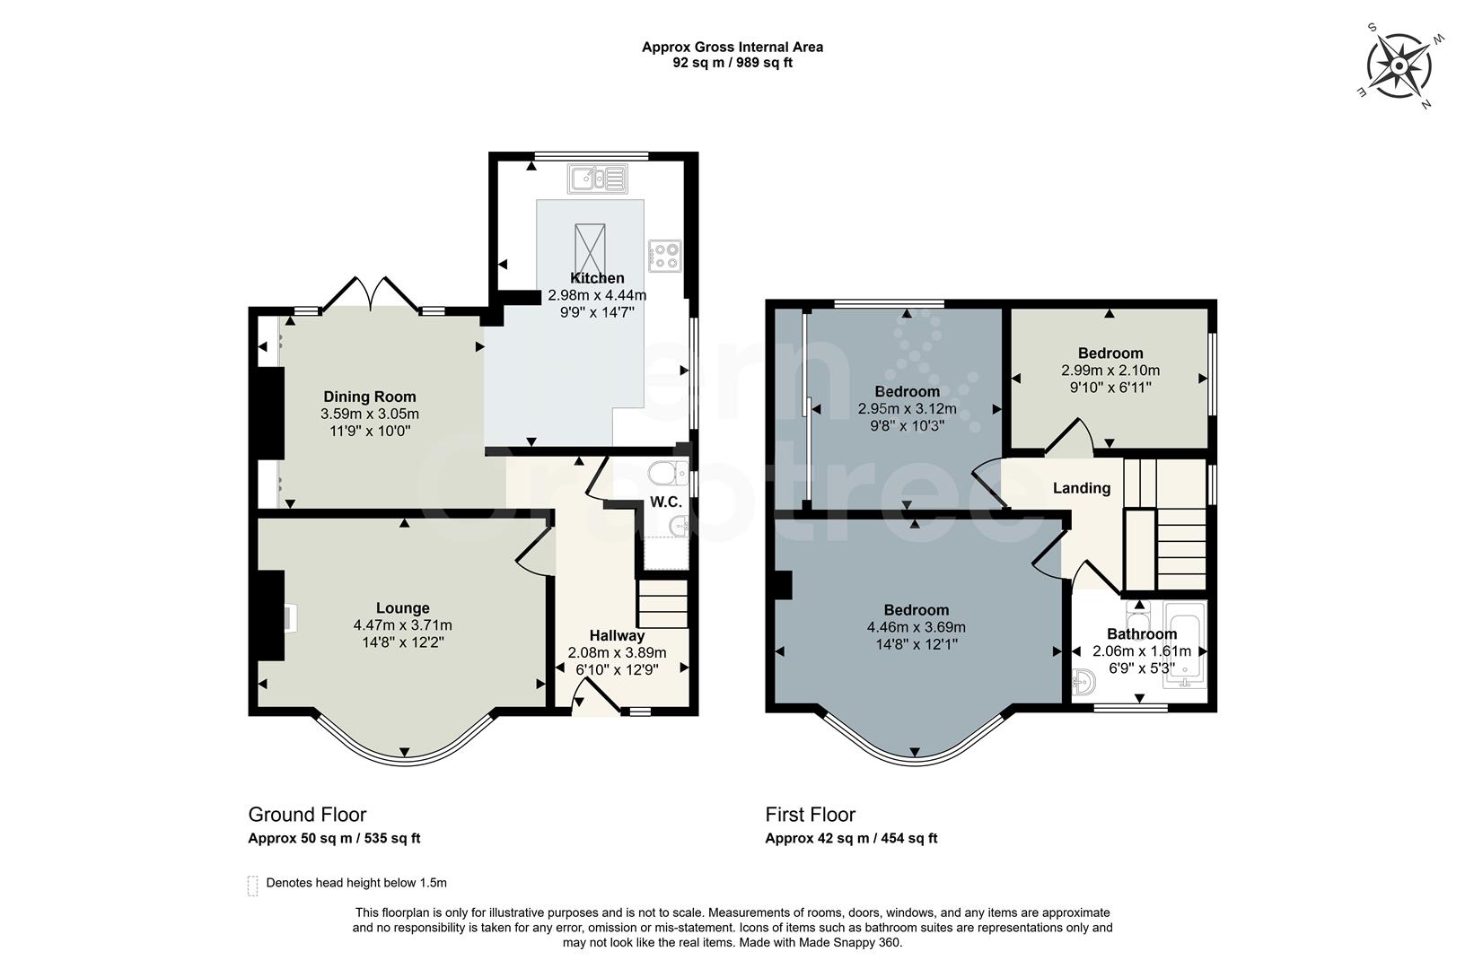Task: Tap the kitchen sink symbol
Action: coord(597,179)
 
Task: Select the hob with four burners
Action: coord(664,257)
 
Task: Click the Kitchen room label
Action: coord(597,278)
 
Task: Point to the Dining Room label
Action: coord(370,397)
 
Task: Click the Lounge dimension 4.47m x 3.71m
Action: coord(402,625)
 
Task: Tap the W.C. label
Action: coord(666,502)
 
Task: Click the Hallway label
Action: coord(617,636)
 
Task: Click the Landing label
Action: coord(1081,488)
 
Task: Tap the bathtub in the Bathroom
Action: coord(1185,643)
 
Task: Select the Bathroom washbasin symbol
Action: coord(1083,684)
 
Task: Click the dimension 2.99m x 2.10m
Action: coord(1110,371)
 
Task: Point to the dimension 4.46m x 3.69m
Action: coord(916,627)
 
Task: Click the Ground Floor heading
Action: coord(307,815)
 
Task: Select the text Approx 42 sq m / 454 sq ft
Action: coord(851,839)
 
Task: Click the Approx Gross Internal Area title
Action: coord(732,48)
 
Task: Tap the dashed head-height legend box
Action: coord(252,886)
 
